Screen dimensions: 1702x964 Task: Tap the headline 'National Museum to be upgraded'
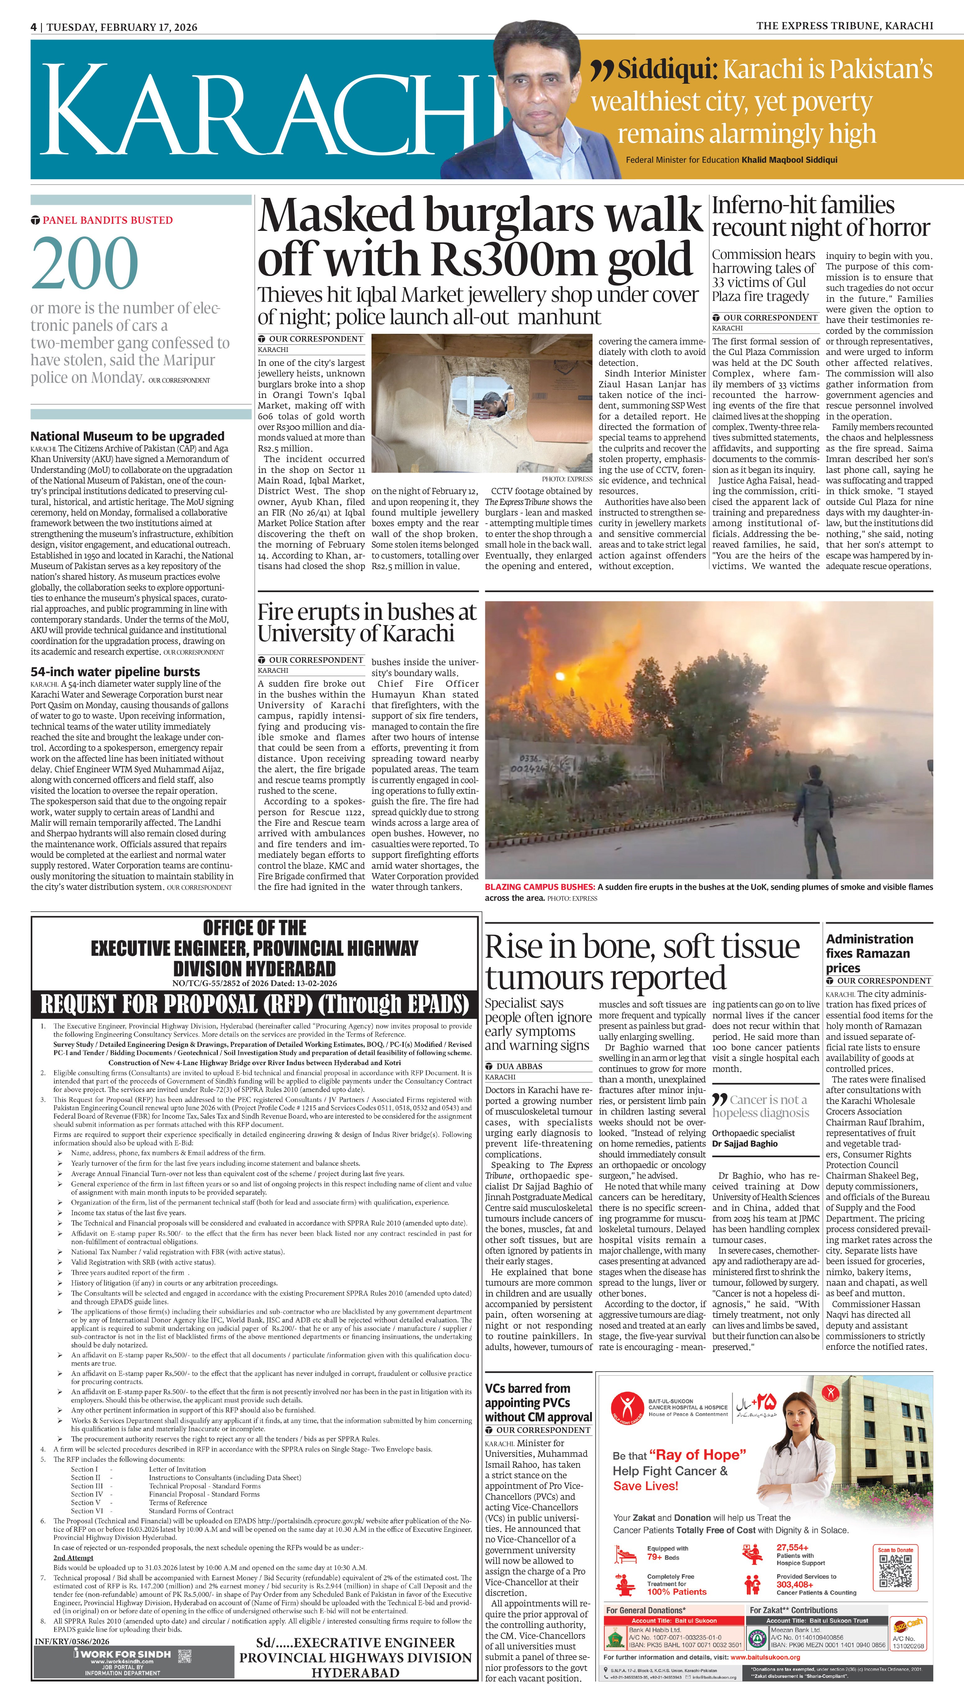point(127,436)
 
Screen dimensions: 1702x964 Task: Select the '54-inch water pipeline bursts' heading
point(115,671)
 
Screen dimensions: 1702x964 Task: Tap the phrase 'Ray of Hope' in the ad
point(697,1454)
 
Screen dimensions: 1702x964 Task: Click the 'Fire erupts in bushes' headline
point(367,622)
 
